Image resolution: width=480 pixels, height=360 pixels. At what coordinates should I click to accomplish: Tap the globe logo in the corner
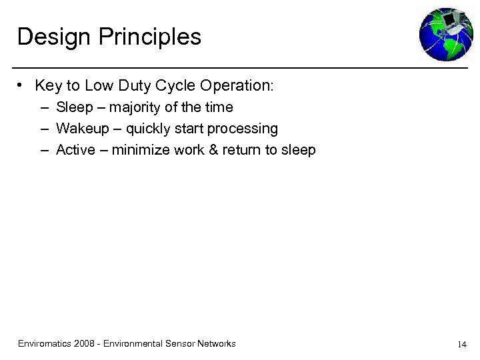tap(445, 34)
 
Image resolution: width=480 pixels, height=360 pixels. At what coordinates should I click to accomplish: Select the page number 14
tap(461, 345)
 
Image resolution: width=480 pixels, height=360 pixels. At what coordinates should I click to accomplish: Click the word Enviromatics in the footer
tap(44, 344)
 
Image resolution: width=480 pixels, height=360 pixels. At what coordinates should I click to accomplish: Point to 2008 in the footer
tap(84, 344)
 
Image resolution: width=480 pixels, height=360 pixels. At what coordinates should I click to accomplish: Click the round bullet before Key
tap(22, 85)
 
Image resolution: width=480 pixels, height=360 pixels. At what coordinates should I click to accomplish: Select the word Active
tap(75, 150)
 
